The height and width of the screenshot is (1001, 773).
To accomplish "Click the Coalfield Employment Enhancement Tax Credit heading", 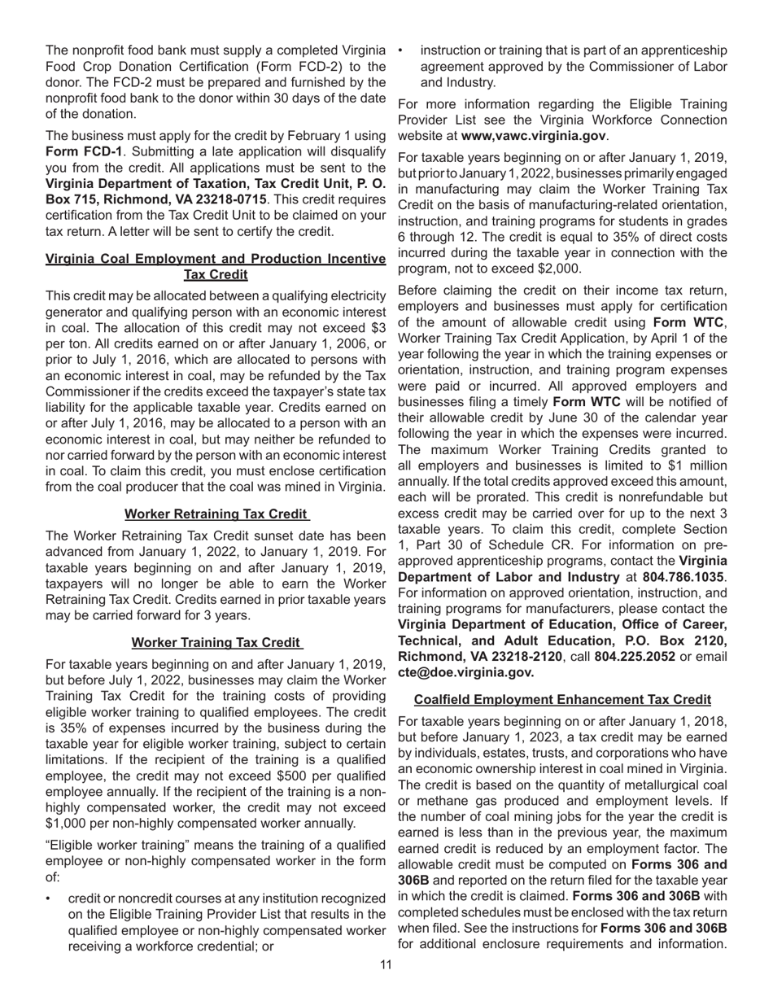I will (x=562, y=699).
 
